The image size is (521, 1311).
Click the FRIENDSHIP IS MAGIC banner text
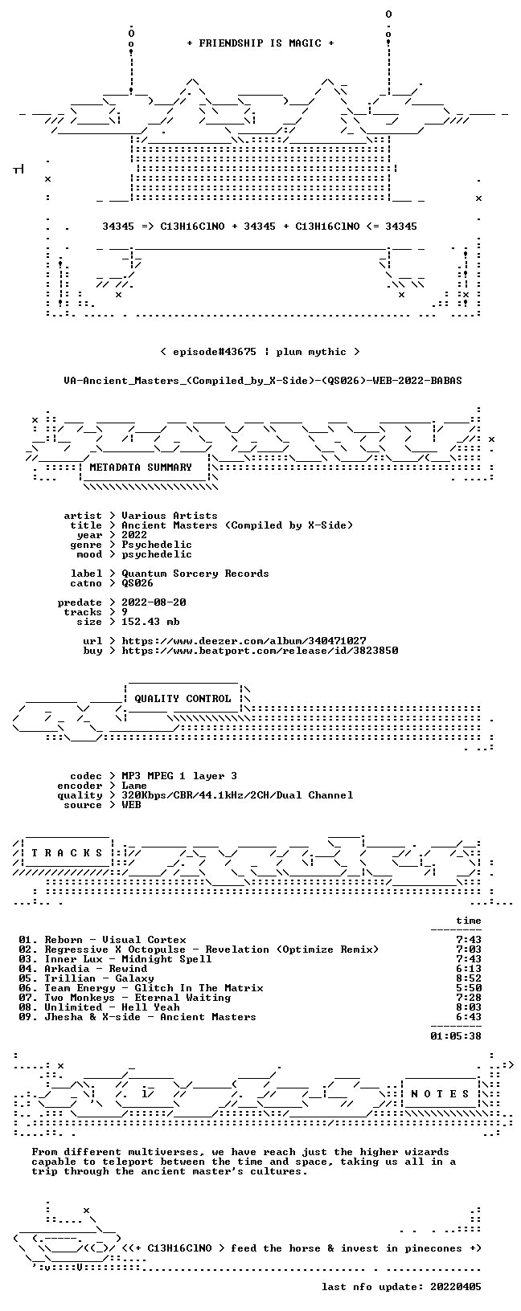point(260,43)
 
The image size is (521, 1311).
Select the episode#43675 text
point(215,352)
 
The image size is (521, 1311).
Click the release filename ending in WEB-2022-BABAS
point(263,381)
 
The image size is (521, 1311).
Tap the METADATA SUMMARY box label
point(141,467)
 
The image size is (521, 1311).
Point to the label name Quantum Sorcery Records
point(195,574)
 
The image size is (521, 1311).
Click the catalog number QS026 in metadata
point(137,583)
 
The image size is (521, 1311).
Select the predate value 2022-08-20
point(154,602)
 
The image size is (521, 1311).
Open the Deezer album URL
point(244,641)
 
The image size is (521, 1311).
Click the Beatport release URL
point(260,650)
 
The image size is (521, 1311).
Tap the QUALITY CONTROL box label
point(183,698)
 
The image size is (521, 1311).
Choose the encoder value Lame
point(134,786)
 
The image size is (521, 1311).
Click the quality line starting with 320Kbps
point(237,794)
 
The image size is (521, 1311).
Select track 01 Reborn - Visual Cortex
point(102,939)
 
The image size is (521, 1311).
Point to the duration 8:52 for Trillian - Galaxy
point(470,978)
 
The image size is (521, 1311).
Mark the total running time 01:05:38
point(456,1036)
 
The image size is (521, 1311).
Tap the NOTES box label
point(440,1094)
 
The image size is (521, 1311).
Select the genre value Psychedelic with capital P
point(157,545)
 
